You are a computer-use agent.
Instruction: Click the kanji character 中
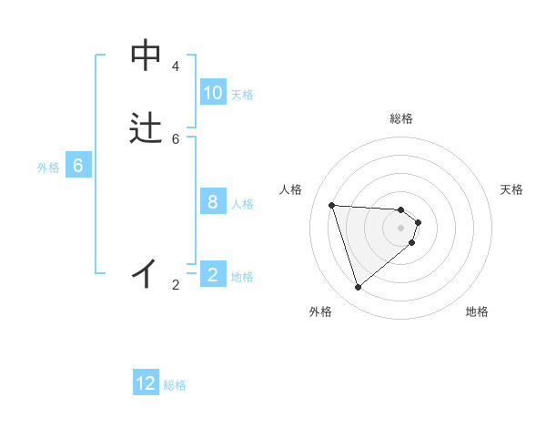(146, 56)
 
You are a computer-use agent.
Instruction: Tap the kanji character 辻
(146, 128)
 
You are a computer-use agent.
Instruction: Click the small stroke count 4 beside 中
(176, 66)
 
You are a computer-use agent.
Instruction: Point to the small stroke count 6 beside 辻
(176, 138)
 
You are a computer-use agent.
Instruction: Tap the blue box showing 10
(213, 93)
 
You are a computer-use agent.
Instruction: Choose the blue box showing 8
(213, 202)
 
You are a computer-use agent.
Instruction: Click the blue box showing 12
(146, 383)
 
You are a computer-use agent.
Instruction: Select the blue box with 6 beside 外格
(78, 166)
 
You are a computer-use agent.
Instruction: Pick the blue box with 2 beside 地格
(213, 275)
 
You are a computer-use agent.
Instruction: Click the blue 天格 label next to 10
(242, 95)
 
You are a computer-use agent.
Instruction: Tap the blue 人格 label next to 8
(242, 204)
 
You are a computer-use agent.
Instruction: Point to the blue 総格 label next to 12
(175, 385)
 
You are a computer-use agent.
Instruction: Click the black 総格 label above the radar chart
(401, 118)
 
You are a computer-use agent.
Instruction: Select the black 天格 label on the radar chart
(511, 189)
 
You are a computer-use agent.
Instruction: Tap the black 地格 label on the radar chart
(477, 311)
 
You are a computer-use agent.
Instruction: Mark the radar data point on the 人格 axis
(331, 205)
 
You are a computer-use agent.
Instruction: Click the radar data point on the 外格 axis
(358, 288)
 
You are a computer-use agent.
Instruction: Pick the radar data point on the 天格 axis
(419, 222)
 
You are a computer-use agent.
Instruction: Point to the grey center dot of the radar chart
(401, 228)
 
